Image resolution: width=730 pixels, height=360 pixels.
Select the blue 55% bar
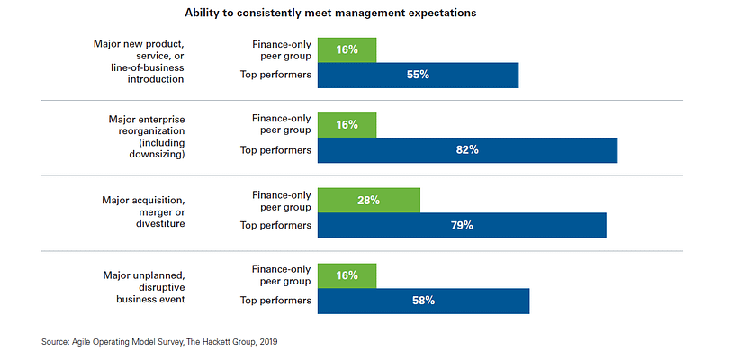tap(418, 75)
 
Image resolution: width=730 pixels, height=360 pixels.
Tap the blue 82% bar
tap(467, 150)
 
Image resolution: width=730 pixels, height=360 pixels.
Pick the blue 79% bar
tap(462, 225)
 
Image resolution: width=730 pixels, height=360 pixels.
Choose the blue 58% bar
tap(423, 301)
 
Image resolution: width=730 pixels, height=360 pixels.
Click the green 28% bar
tap(369, 200)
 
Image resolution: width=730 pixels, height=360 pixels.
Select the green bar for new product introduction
tap(347, 49)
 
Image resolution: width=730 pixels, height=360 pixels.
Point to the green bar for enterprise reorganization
tap(347, 125)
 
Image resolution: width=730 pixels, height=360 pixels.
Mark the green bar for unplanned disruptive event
tap(347, 275)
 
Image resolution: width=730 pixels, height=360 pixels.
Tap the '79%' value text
tap(463, 225)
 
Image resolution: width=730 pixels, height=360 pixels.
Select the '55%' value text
tap(418, 75)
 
